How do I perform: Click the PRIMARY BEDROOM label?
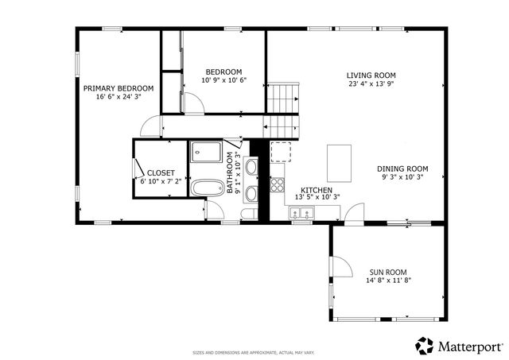(119, 88)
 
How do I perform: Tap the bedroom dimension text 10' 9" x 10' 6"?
(224, 80)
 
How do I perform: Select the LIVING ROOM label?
(371, 75)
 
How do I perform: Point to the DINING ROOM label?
(402, 169)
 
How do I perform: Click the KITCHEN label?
(317, 191)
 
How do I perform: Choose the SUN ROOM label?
(388, 273)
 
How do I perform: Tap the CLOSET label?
(161, 173)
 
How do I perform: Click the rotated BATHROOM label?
(230, 173)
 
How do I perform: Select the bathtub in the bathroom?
(207, 188)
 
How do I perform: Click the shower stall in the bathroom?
(206, 152)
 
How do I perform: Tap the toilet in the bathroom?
(249, 214)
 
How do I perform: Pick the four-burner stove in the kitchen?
(278, 185)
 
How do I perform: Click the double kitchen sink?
(301, 213)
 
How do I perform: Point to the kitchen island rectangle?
(340, 164)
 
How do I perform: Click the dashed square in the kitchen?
(281, 152)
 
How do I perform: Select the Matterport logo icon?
(425, 346)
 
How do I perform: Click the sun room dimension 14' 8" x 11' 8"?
(389, 281)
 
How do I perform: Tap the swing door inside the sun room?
(341, 266)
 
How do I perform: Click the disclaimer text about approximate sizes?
(254, 353)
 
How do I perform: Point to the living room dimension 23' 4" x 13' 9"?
(371, 84)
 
